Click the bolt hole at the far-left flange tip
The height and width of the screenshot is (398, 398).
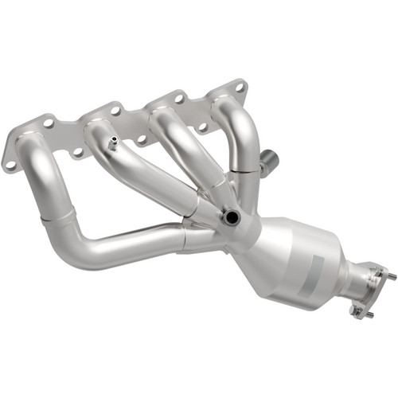pos(10,164)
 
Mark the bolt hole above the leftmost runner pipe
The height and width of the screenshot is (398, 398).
pos(49,124)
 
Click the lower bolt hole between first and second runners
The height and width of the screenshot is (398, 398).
pos(77,151)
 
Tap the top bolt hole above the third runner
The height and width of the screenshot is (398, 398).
pos(178,99)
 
